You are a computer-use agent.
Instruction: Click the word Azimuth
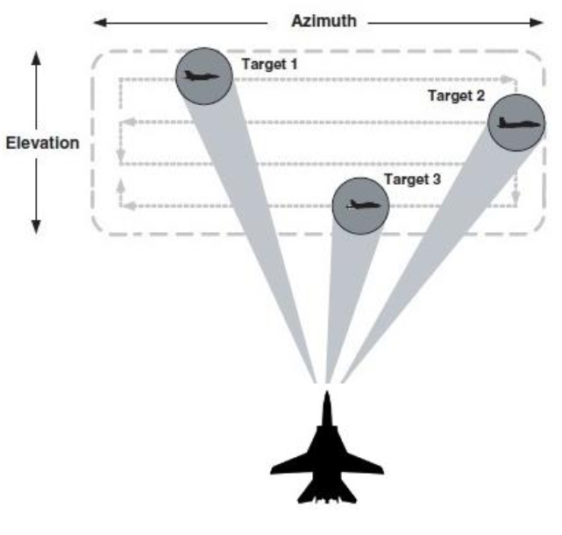pyautogui.click(x=324, y=20)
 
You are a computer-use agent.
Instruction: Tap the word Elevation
pyautogui.click(x=43, y=142)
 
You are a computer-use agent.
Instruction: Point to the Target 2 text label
pyautogui.click(x=456, y=95)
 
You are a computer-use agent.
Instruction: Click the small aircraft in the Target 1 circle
pyautogui.click(x=203, y=76)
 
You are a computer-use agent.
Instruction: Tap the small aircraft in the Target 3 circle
pyautogui.click(x=360, y=206)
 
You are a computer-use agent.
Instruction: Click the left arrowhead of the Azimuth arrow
pyautogui.click(x=98, y=20)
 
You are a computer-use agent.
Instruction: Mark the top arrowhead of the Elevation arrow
pyautogui.click(x=36, y=58)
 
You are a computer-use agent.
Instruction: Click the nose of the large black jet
pyautogui.click(x=326, y=398)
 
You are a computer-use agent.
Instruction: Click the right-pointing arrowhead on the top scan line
pyautogui.click(x=512, y=79)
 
